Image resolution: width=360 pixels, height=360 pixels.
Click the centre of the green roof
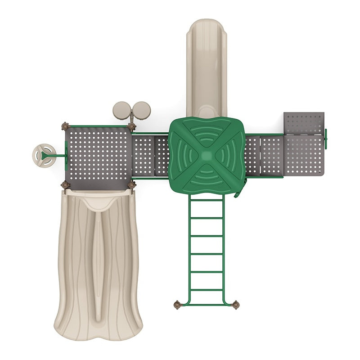(x=207, y=155)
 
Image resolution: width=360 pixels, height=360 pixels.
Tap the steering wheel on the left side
(x=44, y=156)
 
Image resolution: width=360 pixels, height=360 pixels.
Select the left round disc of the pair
(x=121, y=110)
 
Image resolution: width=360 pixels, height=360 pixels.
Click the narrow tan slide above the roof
(x=207, y=67)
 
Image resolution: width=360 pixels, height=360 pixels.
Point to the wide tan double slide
(x=98, y=261)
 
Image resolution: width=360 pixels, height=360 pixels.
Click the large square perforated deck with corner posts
(x=99, y=155)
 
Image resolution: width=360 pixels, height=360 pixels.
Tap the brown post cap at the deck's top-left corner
(x=66, y=126)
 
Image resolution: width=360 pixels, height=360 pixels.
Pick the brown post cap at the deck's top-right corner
(x=131, y=127)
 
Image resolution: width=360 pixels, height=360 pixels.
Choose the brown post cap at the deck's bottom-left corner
(x=66, y=184)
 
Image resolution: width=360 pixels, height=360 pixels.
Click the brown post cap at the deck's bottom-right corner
(x=131, y=184)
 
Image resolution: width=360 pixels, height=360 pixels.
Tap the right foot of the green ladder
(x=235, y=305)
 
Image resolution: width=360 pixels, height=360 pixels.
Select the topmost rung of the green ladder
(x=207, y=200)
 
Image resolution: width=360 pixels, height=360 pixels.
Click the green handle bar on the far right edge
(x=325, y=139)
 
